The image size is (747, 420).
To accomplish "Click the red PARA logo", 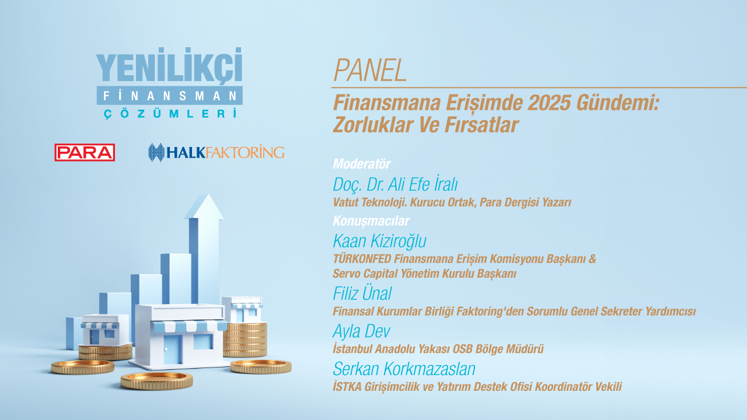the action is (x=85, y=152).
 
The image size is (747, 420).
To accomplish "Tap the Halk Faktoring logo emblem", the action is (x=156, y=152).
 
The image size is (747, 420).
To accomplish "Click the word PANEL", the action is (x=370, y=71).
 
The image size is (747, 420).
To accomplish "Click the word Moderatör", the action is (x=361, y=164).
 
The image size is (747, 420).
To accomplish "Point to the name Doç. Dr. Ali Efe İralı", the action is (x=395, y=184).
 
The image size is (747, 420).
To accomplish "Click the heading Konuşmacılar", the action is (x=371, y=220).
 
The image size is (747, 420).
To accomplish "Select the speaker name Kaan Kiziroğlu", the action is (x=379, y=241).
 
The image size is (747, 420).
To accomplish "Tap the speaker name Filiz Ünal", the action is (x=362, y=293).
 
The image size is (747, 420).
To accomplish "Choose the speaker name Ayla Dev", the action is (x=361, y=331).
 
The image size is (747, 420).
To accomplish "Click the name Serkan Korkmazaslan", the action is (x=404, y=369).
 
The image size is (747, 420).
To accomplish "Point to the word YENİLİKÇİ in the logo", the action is (x=169, y=65).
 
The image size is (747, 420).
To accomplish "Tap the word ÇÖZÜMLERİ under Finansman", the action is (x=170, y=113).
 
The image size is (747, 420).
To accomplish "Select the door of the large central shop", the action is (x=172, y=349).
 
